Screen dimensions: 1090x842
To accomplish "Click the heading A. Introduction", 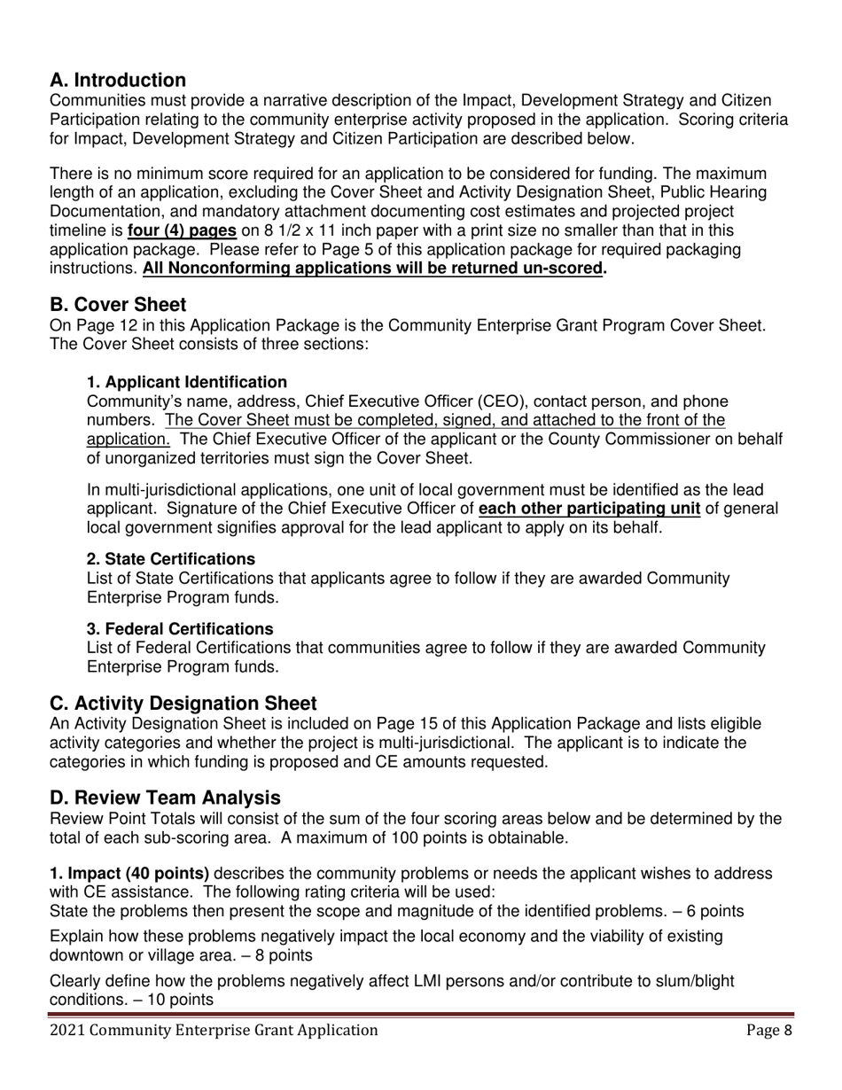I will click(118, 81).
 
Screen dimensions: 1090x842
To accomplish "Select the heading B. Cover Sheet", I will click(118, 306).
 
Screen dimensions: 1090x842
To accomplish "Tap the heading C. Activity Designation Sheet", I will click(183, 704).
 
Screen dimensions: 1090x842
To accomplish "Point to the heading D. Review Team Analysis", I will click(165, 798).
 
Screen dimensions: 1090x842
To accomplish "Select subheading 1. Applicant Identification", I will click(186, 382).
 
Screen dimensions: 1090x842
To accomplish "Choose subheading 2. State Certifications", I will click(170, 559).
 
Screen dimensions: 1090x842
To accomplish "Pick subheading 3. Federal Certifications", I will click(179, 628).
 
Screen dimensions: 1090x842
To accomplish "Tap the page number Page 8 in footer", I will click(768, 1030).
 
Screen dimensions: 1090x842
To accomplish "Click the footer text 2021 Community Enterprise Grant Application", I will click(214, 1030).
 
